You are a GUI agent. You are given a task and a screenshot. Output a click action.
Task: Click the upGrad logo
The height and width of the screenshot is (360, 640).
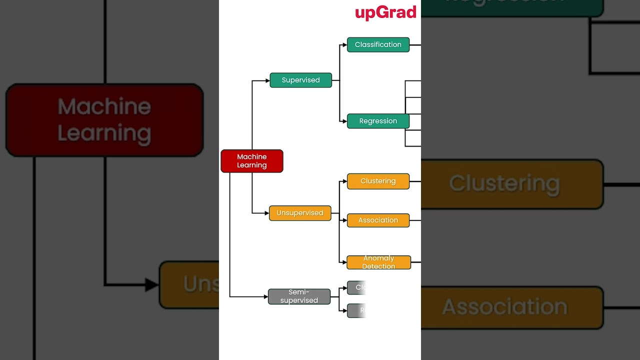coord(385,12)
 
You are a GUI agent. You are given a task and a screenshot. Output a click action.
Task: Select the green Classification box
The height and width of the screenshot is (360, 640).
coord(378,44)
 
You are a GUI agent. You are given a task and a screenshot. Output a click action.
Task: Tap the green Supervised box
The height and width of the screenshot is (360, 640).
coord(300,80)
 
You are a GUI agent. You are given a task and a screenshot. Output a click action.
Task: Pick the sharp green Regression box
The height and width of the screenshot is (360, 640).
coord(378,121)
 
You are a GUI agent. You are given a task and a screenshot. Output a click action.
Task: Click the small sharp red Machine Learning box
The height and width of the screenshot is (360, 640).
coord(251,161)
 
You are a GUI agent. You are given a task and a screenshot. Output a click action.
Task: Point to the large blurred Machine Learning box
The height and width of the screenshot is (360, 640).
coord(104,120)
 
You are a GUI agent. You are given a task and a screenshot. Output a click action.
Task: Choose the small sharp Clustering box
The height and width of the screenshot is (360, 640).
coord(378,181)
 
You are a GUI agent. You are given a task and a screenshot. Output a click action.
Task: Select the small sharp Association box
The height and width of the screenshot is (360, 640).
coord(378,220)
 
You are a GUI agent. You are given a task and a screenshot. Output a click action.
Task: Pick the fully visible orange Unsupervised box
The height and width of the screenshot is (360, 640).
coord(300,213)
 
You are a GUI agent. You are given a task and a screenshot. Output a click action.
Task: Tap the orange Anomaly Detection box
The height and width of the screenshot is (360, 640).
coord(378,262)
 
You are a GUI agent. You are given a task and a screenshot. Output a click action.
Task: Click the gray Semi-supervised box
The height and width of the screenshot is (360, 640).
coord(299,296)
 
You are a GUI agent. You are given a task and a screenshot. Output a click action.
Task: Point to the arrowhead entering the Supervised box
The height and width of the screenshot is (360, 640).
coord(267,80)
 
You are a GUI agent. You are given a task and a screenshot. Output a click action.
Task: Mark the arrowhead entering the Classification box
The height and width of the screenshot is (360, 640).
coord(344,45)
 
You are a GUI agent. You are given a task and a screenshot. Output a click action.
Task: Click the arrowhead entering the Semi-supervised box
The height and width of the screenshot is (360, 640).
coord(265,296)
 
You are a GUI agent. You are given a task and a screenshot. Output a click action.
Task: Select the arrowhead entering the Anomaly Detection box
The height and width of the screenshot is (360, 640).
coord(344,262)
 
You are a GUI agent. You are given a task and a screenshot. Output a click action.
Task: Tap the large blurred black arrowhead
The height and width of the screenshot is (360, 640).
coord(151,285)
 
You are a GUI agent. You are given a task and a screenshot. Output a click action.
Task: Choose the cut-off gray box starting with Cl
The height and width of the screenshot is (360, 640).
coord(357,287)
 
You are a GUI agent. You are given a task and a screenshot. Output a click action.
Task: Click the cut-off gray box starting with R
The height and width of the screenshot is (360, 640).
coord(357,310)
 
